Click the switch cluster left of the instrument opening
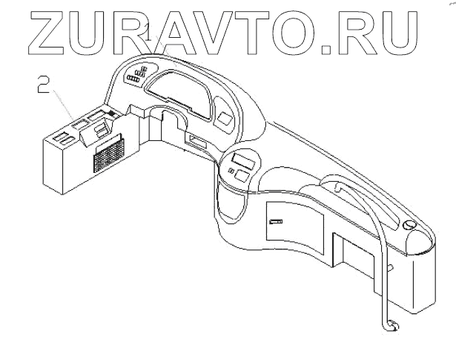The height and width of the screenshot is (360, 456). tap(137, 76)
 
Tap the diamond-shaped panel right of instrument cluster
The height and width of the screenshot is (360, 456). tap(225, 117)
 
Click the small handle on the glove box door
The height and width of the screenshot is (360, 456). tap(275, 220)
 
